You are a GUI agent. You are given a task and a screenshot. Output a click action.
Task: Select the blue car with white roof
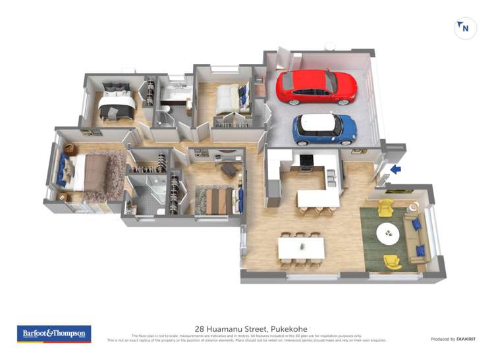click(324, 129)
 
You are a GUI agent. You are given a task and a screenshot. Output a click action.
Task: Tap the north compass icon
click(465, 28)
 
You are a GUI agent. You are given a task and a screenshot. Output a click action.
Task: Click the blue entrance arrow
click(395, 170)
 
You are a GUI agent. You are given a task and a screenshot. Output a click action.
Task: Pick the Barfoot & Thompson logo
click(54, 333)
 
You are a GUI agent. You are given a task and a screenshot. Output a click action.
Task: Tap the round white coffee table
click(388, 232)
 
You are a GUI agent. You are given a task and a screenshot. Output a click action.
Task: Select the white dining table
click(301, 247)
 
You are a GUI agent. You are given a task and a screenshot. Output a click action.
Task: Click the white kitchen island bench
click(318, 197)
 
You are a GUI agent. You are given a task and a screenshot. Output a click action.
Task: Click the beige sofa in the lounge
click(416, 236)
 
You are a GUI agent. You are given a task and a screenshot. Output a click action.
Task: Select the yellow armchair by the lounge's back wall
click(385, 207)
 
